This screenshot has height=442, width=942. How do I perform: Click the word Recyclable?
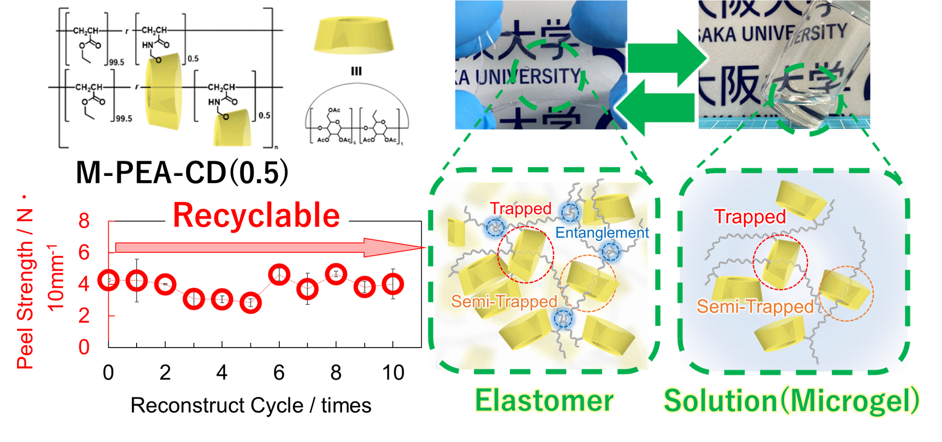click(x=257, y=216)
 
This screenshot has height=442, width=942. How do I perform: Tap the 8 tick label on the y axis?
click(x=84, y=221)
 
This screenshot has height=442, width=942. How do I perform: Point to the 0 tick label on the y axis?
click(x=84, y=347)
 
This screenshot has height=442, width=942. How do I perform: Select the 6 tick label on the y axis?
click(x=84, y=252)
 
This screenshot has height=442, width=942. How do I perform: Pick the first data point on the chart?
click(x=109, y=280)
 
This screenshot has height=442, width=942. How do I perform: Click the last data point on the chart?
click(x=393, y=284)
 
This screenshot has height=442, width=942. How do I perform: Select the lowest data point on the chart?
click(x=250, y=302)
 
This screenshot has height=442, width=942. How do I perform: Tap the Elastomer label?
click(x=545, y=401)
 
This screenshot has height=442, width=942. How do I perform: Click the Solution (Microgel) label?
click(x=791, y=401)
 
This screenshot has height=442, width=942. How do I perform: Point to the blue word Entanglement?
click(x=602, y=233)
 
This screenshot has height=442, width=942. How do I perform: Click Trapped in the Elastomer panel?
click(x=520, y=209)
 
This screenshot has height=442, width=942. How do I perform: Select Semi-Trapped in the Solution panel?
click(x=755, y=307)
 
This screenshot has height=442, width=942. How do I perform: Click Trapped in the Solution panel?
click(x=750, y=217)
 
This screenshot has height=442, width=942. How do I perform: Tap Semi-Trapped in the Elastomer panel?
click(x=504, y=302)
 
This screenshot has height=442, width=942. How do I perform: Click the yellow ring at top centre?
click(x=354, y=36)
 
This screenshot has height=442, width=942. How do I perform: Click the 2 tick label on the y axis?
click(x=84, y=316)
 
